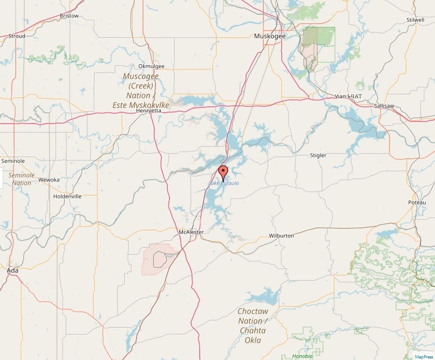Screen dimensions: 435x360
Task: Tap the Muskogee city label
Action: [270, 37]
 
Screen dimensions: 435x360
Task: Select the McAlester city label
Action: [191, 232]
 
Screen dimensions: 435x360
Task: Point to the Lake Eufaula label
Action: [223, 184]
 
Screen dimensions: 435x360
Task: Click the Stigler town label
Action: [318, 155]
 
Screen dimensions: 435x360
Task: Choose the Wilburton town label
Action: [281, 236]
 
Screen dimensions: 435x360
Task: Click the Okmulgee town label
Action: [151, 66]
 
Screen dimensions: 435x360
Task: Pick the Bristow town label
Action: [69, 16]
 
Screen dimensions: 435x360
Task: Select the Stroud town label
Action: [17, 36]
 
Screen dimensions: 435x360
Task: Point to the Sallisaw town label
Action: [385, 106]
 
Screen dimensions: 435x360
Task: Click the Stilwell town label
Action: [415, 20]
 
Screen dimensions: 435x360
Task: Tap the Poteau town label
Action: [417, 202]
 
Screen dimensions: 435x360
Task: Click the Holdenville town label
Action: [67, 196]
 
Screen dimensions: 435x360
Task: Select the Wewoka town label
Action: [49, 180]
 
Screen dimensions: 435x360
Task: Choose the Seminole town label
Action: [13, 161]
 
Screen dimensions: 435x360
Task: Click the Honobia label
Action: [302, 356]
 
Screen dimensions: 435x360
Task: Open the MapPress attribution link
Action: [424, 356]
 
